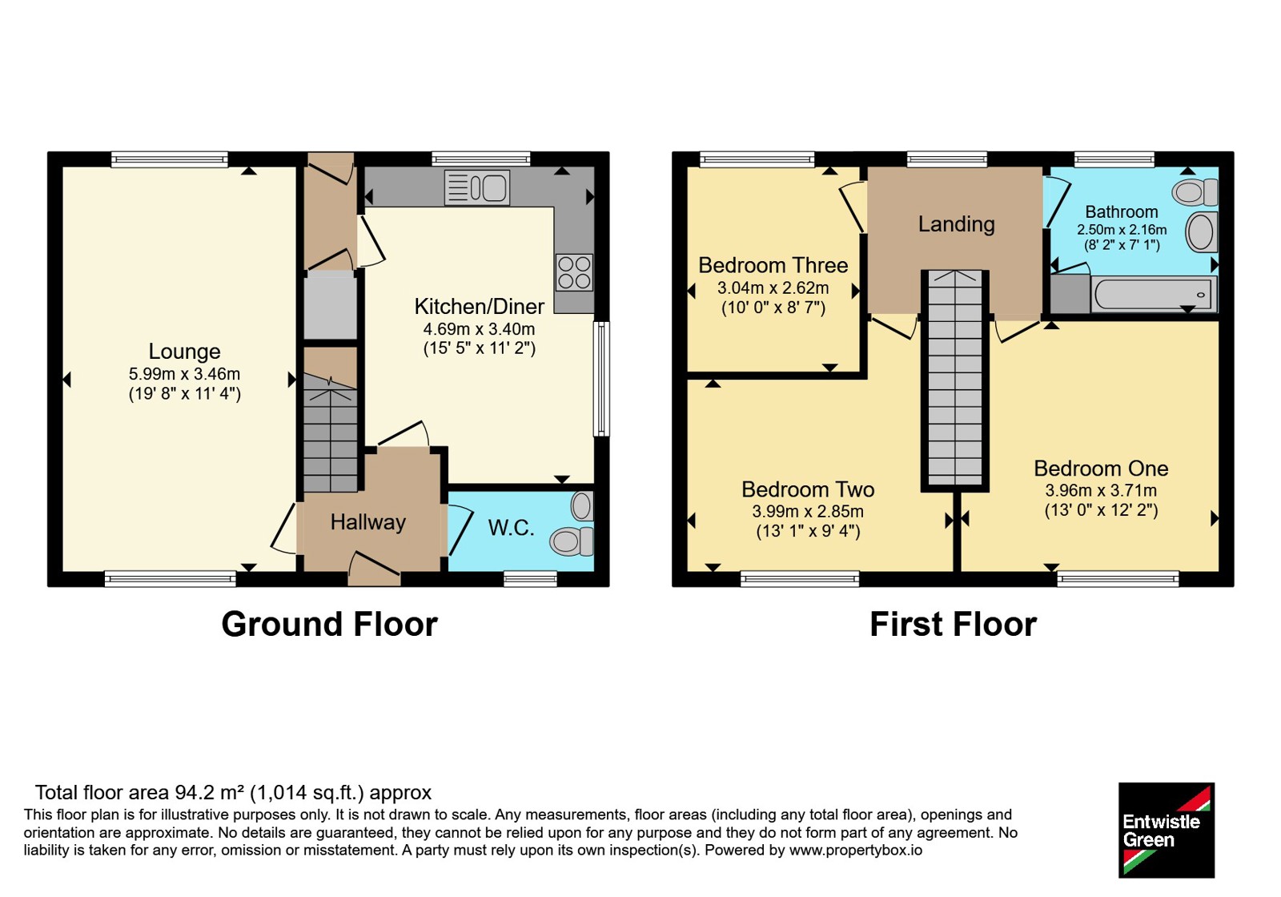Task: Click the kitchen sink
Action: (x=477, y=187)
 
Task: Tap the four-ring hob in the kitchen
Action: (x=574, y=273)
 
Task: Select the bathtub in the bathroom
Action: (x=1154, y=294)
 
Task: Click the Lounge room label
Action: (x=184, y=351)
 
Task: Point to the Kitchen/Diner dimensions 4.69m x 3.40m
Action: (x=480, y=329)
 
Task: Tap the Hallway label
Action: (x=368, y=521)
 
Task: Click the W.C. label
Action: (x=511, y=528)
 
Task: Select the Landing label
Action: (x=956, y=224)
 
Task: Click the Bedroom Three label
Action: (x=773, y=265)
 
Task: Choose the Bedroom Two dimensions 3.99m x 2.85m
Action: (x=808, y=511)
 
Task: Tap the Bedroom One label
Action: (x=1101, y=468)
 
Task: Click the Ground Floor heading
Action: (x=329, y=624)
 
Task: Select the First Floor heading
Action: (x=953, y=624)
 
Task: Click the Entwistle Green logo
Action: (x=1166, y=830)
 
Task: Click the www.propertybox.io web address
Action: (x=856, y=850)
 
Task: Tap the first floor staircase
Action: (x=954, y=380)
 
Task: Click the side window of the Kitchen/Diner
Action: (x=601, y=379)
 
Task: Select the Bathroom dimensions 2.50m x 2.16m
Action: (x=1122, y=229)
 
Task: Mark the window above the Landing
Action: (x=947, y=159)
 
